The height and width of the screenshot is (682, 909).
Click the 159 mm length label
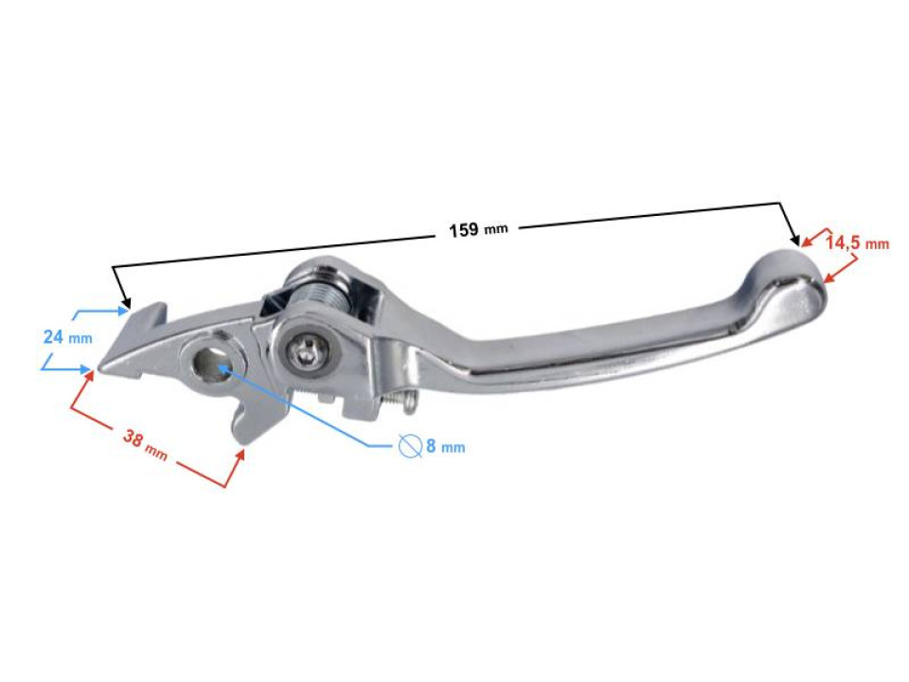(477, 230)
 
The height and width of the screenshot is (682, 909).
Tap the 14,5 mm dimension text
(856, 242)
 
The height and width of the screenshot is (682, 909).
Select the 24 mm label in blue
(67, 336)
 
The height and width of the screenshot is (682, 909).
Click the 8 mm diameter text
(444, 446)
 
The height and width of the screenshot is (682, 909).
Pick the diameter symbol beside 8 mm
(409, 445)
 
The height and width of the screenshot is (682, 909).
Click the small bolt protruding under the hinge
(402, 403)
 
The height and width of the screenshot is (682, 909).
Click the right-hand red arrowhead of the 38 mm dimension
(241, 456)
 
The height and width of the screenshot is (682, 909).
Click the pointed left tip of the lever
(102, 368)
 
